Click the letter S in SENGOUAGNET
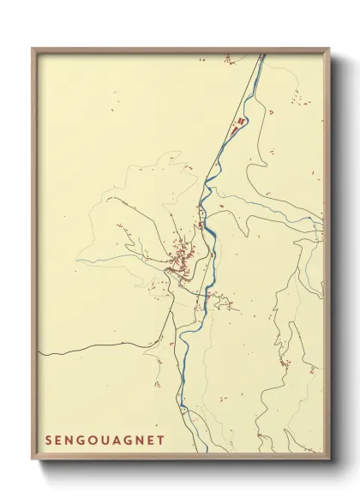(x=50, y=440)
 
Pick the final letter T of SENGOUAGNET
(x=160, y=440)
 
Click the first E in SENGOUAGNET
(x=61, y=440)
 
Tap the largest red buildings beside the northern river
(x=241, y=121)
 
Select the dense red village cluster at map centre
(x=183, y=255)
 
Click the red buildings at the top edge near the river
(x=229, y=60)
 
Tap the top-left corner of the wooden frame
(x=33, y=49)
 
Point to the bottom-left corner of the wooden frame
(x=33, y=455)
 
